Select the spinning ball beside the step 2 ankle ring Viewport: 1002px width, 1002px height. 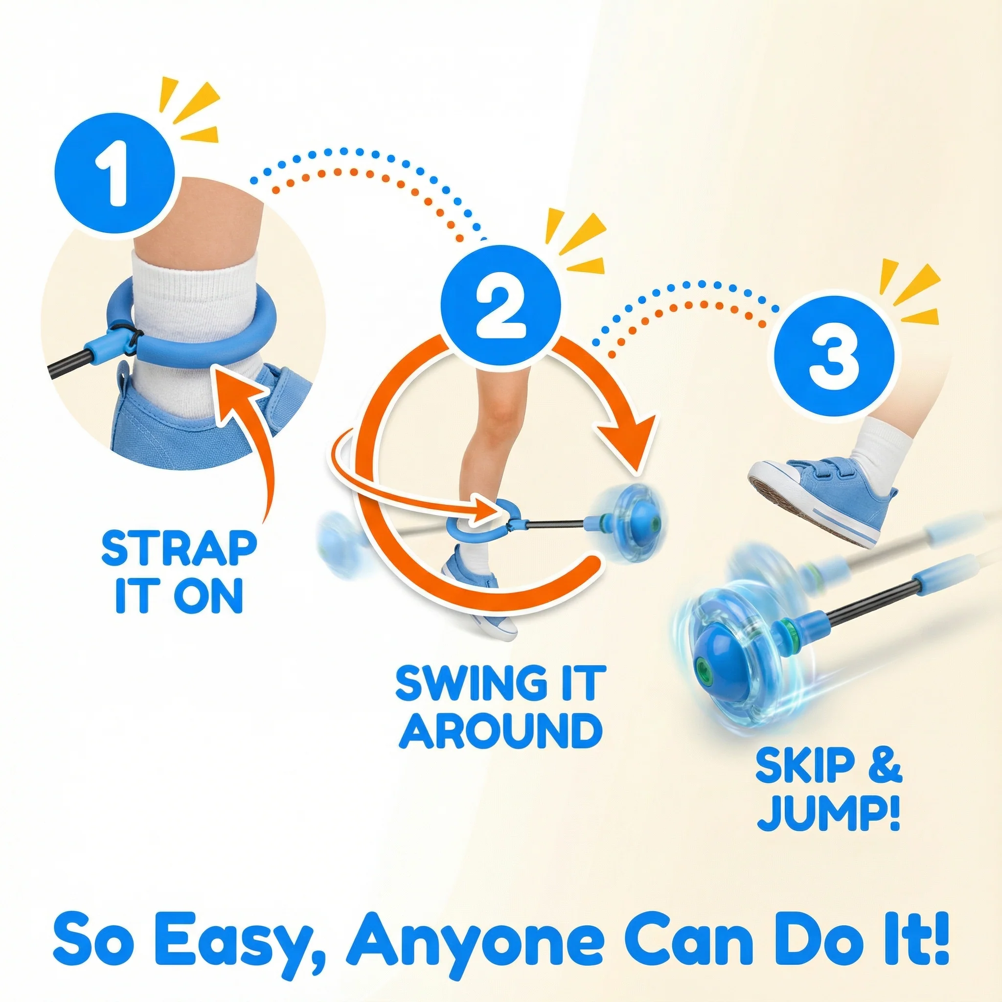click(629, 516)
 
